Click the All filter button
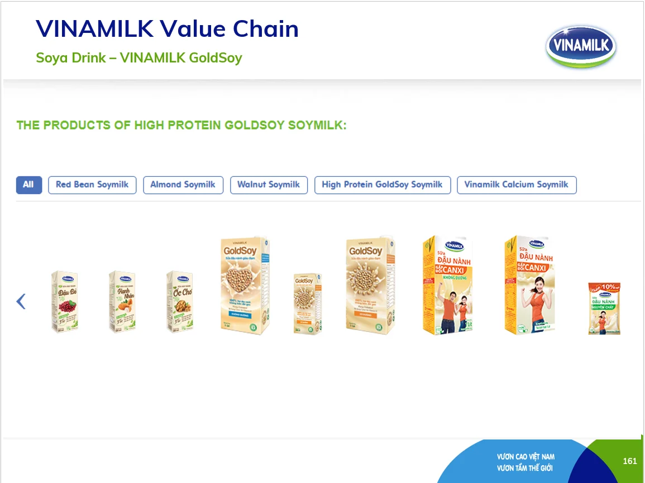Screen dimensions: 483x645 pyautogui.click(x=28, y=185)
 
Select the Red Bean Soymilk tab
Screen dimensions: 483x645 pyautogui.click(x=92, y=185)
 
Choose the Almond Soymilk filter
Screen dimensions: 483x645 pyautogui.click(x=183, y=185)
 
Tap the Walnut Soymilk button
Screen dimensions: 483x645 pyautogui.click(x=269, y=185)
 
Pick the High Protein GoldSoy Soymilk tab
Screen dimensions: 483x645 pyautogui.click(x=382, y=185)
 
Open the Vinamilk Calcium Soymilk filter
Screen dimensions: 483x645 pyautogui.click(x=516, y=185)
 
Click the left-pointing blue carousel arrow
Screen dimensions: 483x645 pyautogui.click(x=21, y=302)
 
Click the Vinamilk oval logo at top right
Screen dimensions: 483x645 pyautogui.click(x=581, y=46)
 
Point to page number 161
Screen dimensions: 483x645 pyautogui.click(x=629, y=461)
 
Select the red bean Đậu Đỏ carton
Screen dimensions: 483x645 pyautogui.click(x=65, y=302)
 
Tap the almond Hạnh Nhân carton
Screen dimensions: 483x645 pyautogui.click(x=122, y=302)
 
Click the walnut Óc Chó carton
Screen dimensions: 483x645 pyautogui.click(x=180, y=302)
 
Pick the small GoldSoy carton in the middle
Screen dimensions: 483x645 pyautogui.click(x=308, y=304)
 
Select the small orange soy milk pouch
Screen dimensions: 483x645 pyautogui.click(x=604, y=308)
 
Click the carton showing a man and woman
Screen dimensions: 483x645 pyautogui.click(x=446, y=286)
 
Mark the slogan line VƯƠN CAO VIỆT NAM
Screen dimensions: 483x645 pyautogui.click(x=525, y=457)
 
